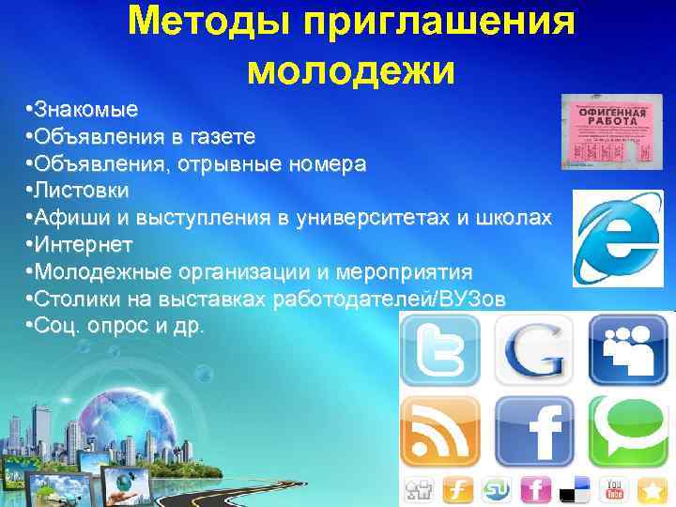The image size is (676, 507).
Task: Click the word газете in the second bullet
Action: pos(222,137)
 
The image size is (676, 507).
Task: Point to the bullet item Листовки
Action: pos(82,191)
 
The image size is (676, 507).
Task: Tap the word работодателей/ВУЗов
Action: pos(390,299)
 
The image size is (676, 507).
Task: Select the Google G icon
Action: pos(533,349)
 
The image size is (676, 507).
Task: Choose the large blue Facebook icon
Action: pos(533,433)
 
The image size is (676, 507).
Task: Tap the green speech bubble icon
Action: pos(631,433)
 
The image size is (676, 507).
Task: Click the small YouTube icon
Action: pos(617,489)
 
